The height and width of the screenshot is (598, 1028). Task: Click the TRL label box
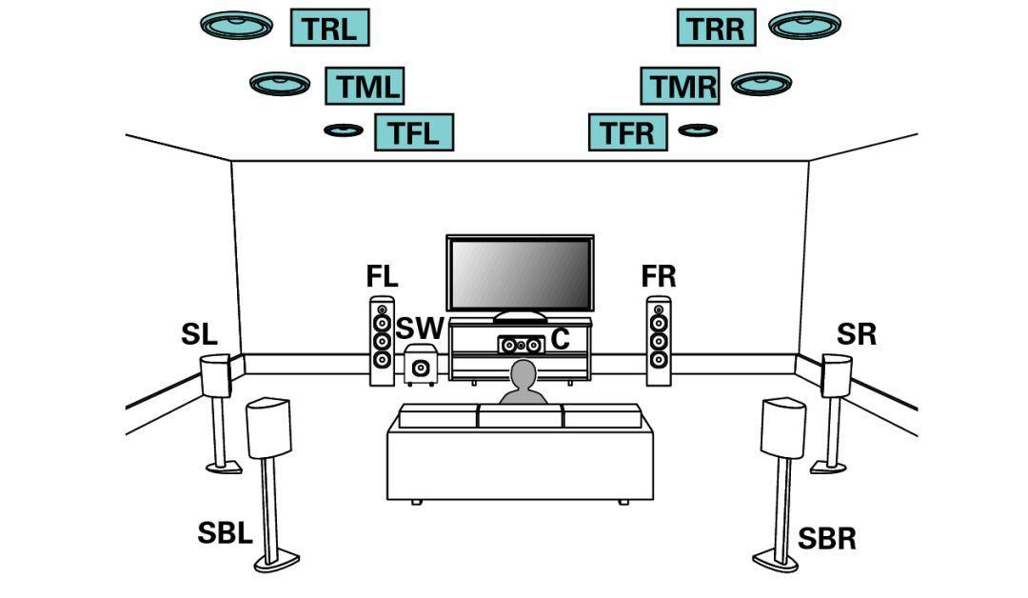pyautogui.click(x=328, y=28)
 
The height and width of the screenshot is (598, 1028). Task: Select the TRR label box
pyautogui.click(x=716, y=28)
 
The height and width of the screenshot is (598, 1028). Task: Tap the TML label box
pyautogui.click(x=365, y=86)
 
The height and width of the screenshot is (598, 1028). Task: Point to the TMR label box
pyautogui.click(x=679, y=86)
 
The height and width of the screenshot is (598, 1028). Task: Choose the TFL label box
pyautogui.click(x=413, y=131)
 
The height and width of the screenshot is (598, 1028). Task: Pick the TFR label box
pyautogui.click(x=628, y=131)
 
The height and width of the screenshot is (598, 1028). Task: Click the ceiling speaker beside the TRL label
pyautogui.click(x=237, y=24)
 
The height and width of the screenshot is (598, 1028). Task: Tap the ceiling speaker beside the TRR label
pyautogui.click(x=804, y=24)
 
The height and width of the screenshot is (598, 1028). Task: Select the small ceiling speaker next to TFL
pyautogui.click(x=343, y=130)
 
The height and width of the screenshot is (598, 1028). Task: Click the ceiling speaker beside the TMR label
pyautogui.click(x=761, y=84)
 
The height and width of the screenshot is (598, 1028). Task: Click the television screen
pyautogui.click(x=520, y=274)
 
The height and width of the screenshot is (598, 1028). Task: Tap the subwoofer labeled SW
pyautogui.click(x=421, y=367)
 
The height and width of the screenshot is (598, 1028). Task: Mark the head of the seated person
pyautogui.click(x=523, y=375)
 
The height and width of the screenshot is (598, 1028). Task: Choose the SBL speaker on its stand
pyautogui.click(x=268, y=429)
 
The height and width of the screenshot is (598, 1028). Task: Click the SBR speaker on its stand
pyautogui.click(x=783, y=429)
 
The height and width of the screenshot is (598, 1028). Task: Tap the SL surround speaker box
pyautogui.click(x=215, y=376)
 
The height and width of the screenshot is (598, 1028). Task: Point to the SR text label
pyautogui.click(x=857, y=335)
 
